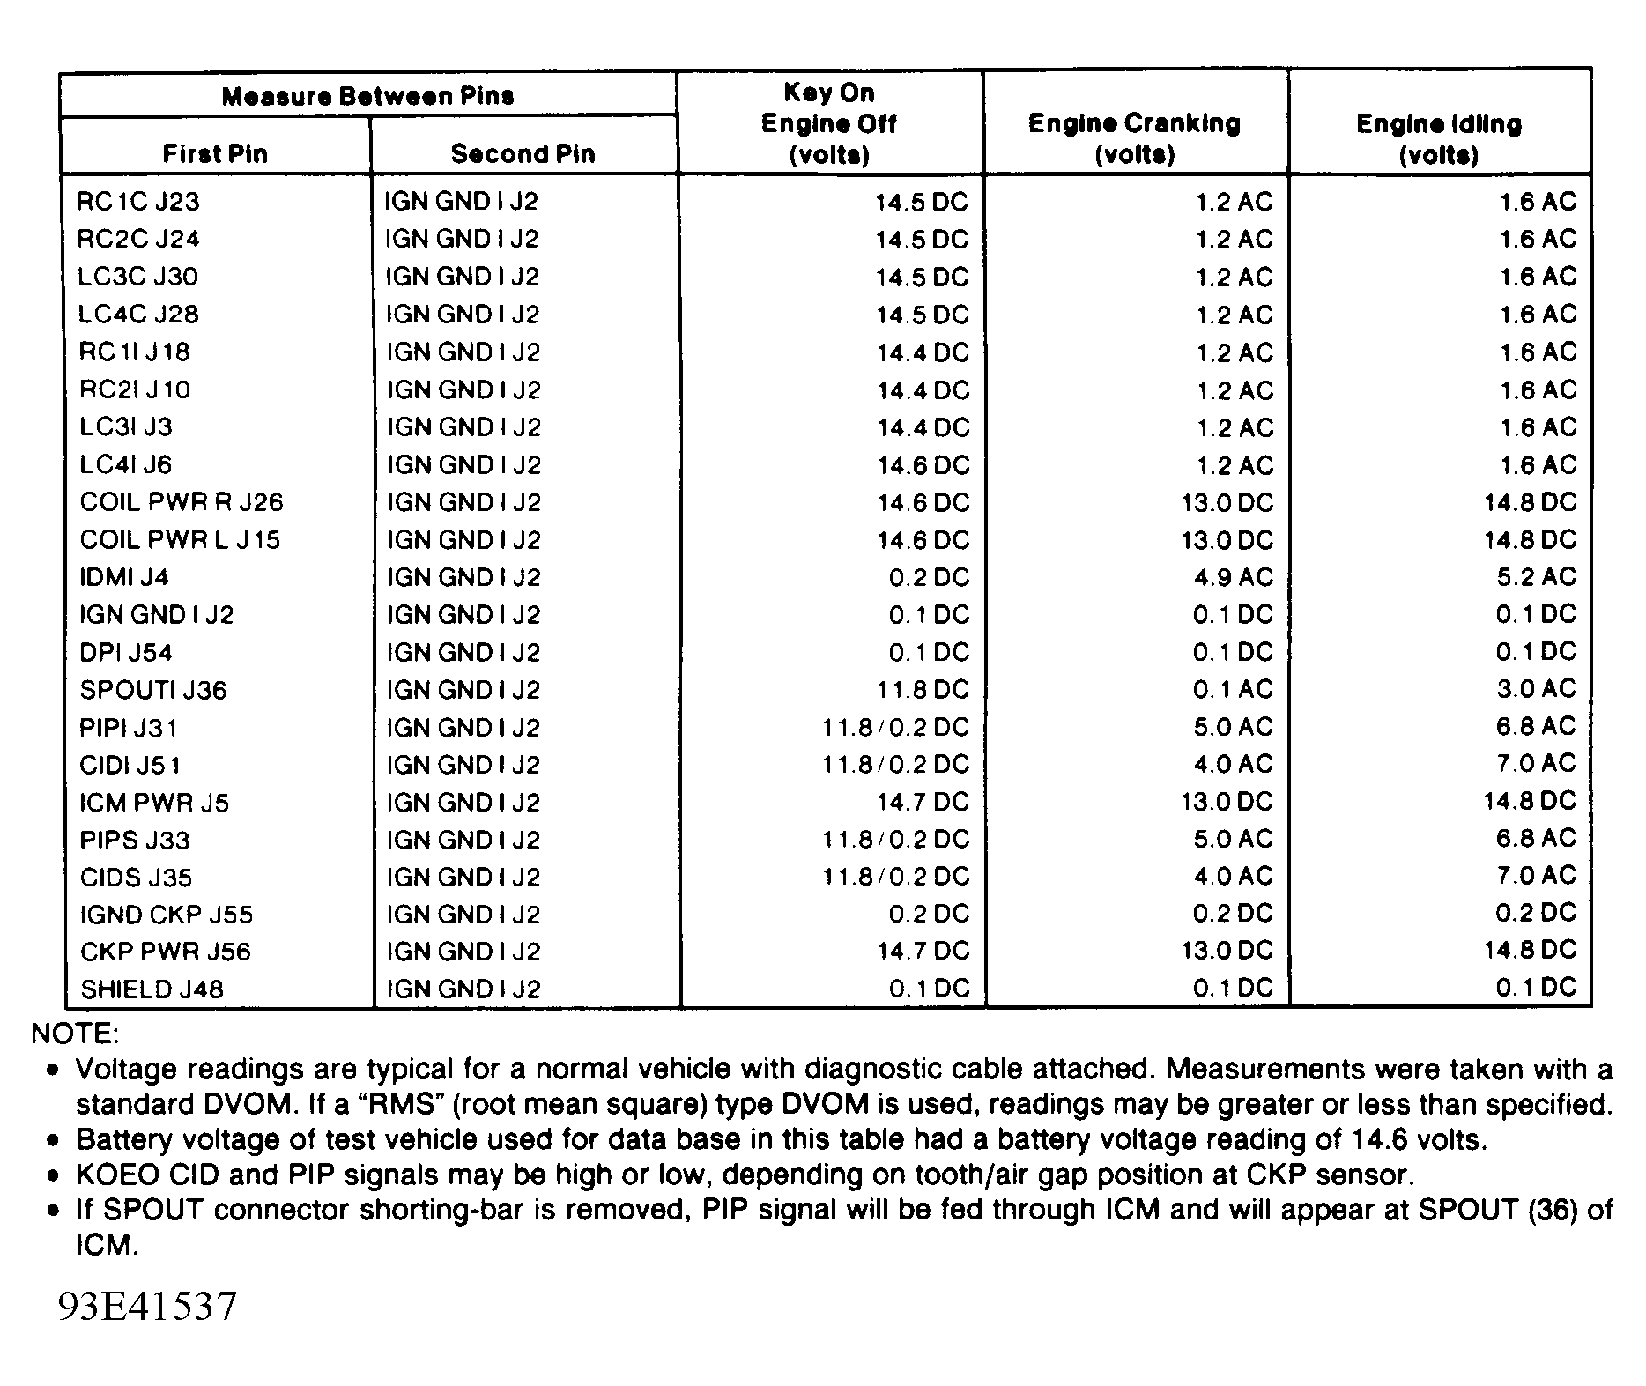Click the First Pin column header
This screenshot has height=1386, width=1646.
pos(215,154)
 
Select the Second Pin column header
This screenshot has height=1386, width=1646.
pos(523,154)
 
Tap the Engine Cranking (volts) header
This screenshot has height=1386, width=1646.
pos(1134,138)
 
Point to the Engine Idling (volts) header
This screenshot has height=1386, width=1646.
pos(1439,139)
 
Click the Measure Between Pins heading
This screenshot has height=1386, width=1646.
pos(367,96)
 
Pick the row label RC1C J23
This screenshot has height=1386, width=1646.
pos(138,202)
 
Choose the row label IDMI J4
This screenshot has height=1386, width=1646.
pos(124,577)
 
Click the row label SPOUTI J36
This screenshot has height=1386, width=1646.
pos(153,690)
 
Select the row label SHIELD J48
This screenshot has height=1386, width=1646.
pos(152,989)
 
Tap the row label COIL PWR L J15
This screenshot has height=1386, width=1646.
pos(180,539)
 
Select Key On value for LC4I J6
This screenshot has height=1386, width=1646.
pos(923,465)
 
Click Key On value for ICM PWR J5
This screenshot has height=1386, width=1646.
pos(923,802)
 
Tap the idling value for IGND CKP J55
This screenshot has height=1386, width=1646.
pos(1536,914)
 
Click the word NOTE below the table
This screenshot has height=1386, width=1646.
pos(75,1033)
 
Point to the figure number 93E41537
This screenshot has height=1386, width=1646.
pos(147,1306)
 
